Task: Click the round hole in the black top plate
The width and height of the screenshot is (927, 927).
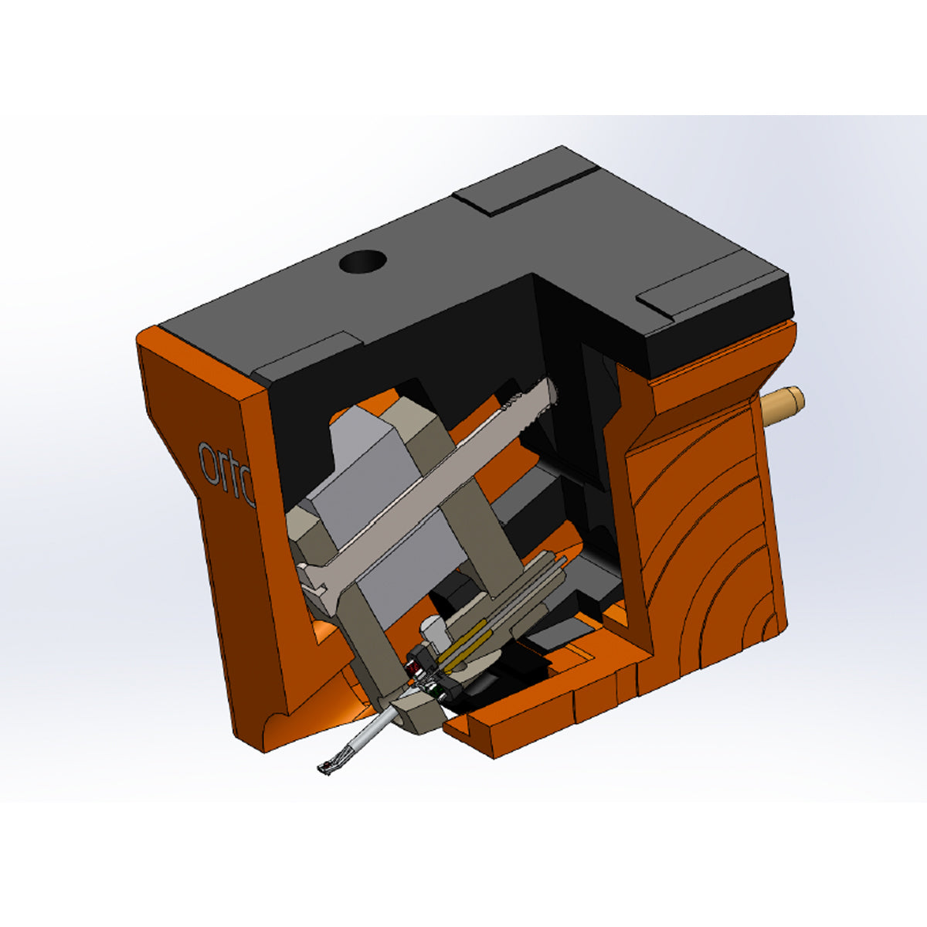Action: (362, 263)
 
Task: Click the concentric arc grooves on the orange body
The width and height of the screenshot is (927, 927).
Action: (711, 556)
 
